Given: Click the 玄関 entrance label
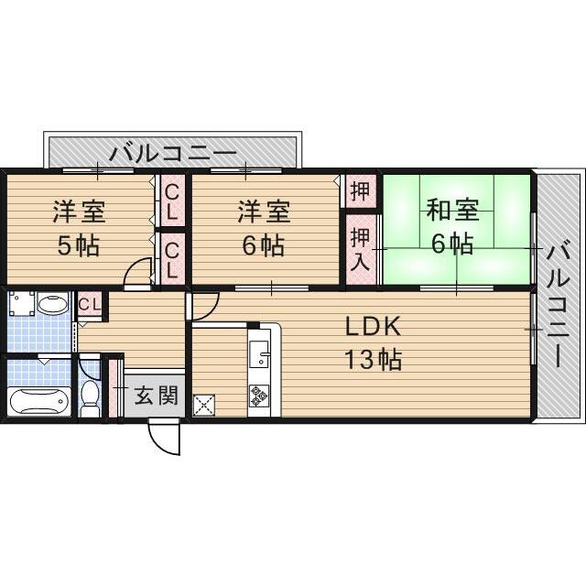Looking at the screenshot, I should pos(156,396).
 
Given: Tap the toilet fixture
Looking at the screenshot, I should pos(90,396).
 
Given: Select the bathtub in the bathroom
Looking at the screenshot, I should pos(38,401).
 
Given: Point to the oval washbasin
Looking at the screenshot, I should pos(54,304).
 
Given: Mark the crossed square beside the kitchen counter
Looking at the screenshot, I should pos(204,403).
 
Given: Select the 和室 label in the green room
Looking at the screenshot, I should pos(453,210).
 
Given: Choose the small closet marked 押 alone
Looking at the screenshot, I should pos(360,191).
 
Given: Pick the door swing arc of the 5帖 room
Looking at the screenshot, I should pos(137,272).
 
